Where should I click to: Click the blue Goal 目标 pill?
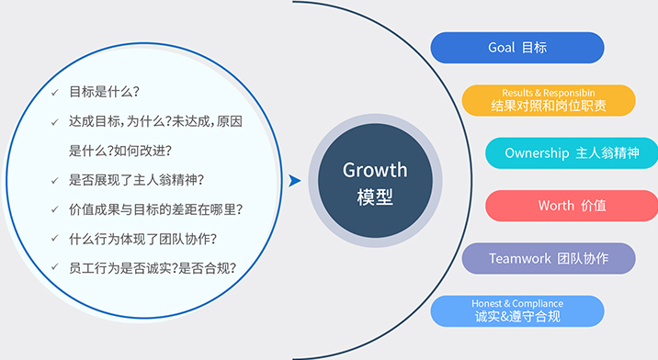click(x=517, y=47)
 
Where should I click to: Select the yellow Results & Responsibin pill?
click(x=548, y=100)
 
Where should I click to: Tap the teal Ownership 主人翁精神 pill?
click(x=571, y=153)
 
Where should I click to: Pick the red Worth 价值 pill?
click(x=571, y=206)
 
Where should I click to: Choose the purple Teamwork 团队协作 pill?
click(x=549, y=259)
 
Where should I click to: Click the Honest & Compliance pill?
click(x=517, y=311)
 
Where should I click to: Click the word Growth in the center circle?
click(x=374, y=170)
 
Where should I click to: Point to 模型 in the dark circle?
click(x=374, y=197)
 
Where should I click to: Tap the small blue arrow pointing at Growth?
click(x=294, y=181)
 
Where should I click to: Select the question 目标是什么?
click(x=105, y=93)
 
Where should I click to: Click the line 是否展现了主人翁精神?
click(x=137, y=180)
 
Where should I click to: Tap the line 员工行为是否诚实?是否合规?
click(x=153, y=268)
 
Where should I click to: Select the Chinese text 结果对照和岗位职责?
click(x=548, y=107)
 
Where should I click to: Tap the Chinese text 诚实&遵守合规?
click(x=517, y=318)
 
